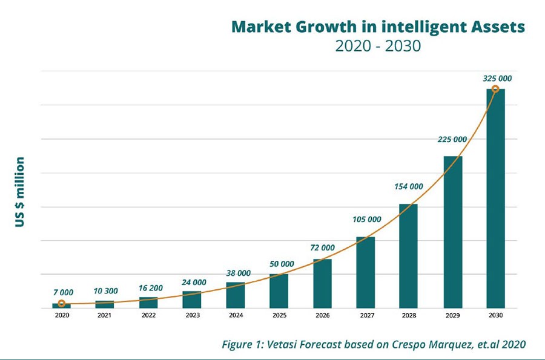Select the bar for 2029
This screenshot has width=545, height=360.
point(452,232)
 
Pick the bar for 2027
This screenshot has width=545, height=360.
point(365,272)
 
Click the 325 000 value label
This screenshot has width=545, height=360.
point(497,79)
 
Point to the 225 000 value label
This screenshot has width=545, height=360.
point(452,139)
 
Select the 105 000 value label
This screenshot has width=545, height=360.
point(366,219)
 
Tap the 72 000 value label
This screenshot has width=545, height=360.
point(322,247)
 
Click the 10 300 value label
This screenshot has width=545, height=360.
point(105,291)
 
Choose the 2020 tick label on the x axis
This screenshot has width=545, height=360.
point(61,316)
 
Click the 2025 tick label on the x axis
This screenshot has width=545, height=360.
point(279,316)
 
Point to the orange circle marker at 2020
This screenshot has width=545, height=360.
point(61,303)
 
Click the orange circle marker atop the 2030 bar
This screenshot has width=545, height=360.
point(495,90)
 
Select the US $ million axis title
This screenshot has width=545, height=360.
point(20,192)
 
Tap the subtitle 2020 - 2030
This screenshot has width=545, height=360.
point(378,47)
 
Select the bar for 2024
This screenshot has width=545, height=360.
point(235,295)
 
